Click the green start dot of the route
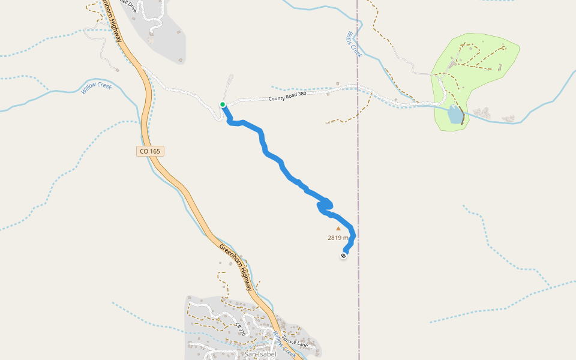(x=223, y=104)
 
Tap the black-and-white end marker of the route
(x=343, y=256)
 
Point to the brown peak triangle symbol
(x=338, y=228)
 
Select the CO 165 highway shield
(x=149, y=151)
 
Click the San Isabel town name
(x=260, y=354)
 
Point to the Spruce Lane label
(x=295, y=342)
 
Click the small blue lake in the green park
(x=455, y=113)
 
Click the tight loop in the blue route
(x=325, y=205)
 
